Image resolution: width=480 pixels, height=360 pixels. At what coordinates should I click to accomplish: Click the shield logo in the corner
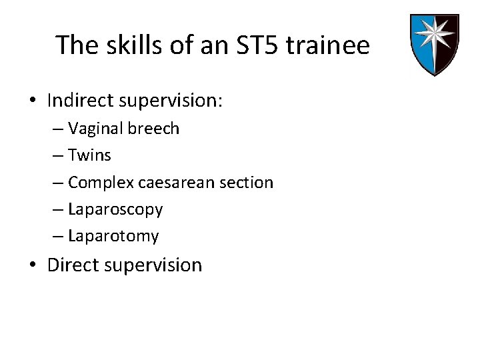[x=433, y=44]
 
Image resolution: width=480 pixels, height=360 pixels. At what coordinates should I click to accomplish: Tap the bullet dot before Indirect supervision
[x=33, y=101]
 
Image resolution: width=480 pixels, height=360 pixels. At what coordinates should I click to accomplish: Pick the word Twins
[x=89, y=155]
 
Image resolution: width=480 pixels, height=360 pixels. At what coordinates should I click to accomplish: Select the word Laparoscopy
[x=115, y=209]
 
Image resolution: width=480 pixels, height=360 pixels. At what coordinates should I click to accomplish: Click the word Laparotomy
[x=113, y=236]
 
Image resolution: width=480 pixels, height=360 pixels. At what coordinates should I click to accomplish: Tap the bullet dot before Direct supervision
[x=33, y=265]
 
